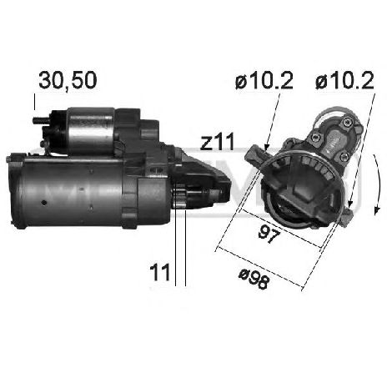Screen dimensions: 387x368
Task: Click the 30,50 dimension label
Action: (x=68, y=81)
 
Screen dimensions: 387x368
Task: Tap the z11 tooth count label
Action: (x=218, y=142)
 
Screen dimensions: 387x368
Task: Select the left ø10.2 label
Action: (x=264, y=80)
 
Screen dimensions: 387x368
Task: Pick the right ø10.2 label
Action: (x=344, y=80)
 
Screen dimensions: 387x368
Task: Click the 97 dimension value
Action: (x=269, y=234)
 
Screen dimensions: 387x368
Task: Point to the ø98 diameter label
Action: (x=254, y=279)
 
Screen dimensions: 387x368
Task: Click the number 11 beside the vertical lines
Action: (x=159, y=273)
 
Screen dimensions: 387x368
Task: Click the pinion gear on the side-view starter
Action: (x=179, y=196)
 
